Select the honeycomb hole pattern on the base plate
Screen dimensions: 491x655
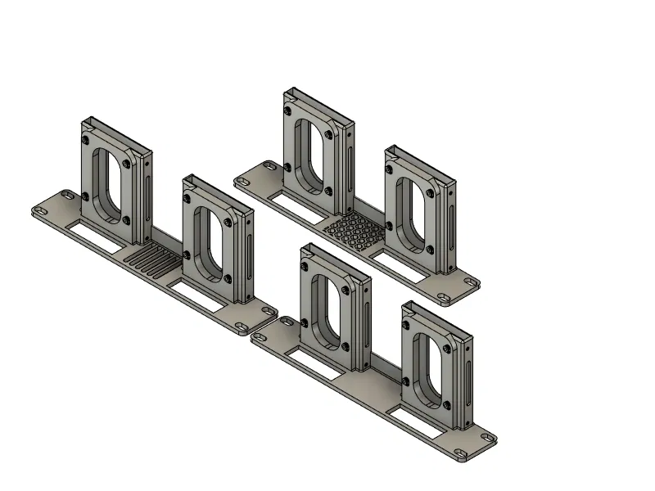click(x=352, y=231)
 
